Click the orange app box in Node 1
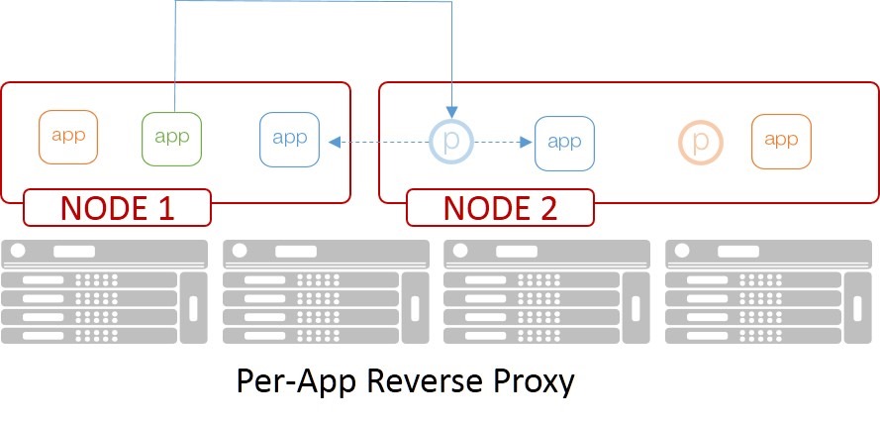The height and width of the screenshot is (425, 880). [68, 137]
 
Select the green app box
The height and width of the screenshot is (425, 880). [171, 137]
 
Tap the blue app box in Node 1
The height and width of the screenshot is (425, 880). [290, 139]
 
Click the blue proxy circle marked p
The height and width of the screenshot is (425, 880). [450, 142]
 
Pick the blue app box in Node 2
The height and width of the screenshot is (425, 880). [564, 142]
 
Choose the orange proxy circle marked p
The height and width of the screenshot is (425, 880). [701, 142]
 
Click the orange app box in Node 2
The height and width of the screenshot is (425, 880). [781, 141]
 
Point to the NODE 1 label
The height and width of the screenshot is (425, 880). [117, 208]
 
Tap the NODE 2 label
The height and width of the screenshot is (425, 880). [499, 208]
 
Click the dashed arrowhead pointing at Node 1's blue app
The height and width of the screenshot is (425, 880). [335, 142]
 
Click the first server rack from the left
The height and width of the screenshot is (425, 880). [104, 291]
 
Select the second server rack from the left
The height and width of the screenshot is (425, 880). [326, 291]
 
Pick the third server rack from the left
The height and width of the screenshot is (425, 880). [547, 291]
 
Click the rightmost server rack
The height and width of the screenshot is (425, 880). [769, 291]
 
